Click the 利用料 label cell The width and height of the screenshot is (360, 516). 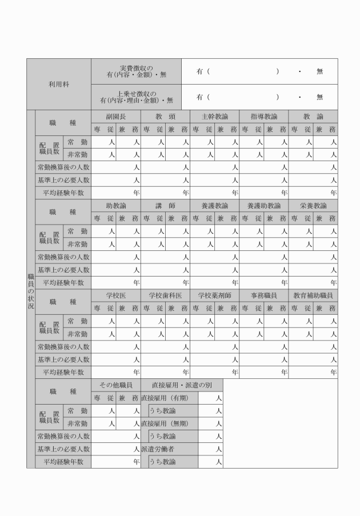coord(59,84)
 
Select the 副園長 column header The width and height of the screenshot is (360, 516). coord(117,116)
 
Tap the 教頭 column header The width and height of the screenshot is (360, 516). coord(166,116)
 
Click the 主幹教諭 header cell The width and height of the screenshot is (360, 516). coord(214,116)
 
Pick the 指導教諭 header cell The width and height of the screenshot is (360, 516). coord(263,116)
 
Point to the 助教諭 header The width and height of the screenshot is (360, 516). coord(117,206)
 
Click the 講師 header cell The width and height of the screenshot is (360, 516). coord(166,206)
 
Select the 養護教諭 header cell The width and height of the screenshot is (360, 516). coord(214,206)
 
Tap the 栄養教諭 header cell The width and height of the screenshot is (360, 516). coord(313,206)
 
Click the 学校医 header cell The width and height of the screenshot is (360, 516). coord(117,295)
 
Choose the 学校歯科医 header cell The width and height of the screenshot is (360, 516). coord(166,295)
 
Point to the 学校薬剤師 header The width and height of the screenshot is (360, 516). coord(214,295)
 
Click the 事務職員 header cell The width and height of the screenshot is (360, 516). coord(263,295)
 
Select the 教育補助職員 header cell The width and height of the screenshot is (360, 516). coord(313,295)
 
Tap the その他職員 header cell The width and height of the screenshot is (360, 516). coord(117,385)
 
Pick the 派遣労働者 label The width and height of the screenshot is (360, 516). coord(158,449)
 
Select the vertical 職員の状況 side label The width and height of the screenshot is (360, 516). coord(30,289)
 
